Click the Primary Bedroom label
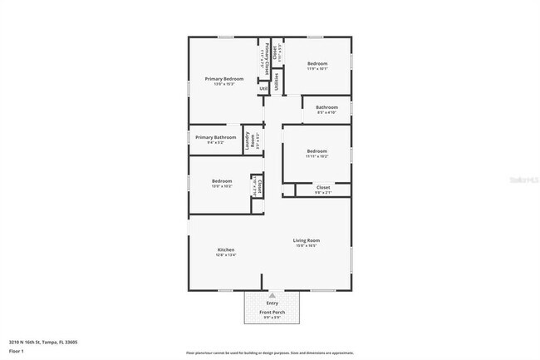(224, 79)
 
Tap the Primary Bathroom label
(216, 137)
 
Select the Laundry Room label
(248, 141)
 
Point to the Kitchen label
(226, 249)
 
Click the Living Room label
(307, 240)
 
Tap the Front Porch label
(272, 313)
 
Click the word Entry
(272, 304)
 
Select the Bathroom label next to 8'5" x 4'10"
(326, 106)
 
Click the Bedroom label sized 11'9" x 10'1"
(318, 63)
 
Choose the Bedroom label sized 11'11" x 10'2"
(317, 150)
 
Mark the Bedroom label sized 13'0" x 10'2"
(221, 180)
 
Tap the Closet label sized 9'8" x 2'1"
(324, 187)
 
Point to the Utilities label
(276, 81)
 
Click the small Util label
(263, 88)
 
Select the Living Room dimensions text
(307, 246)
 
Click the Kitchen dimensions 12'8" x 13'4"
(226, 255)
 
